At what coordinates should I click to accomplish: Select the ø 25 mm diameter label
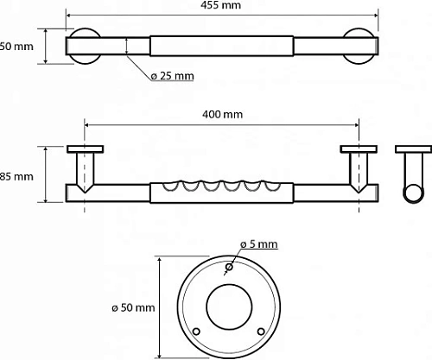tap(171, 76)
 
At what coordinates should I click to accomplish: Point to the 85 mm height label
tap(16, 176)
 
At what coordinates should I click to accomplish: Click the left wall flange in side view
tap(85, 149)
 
